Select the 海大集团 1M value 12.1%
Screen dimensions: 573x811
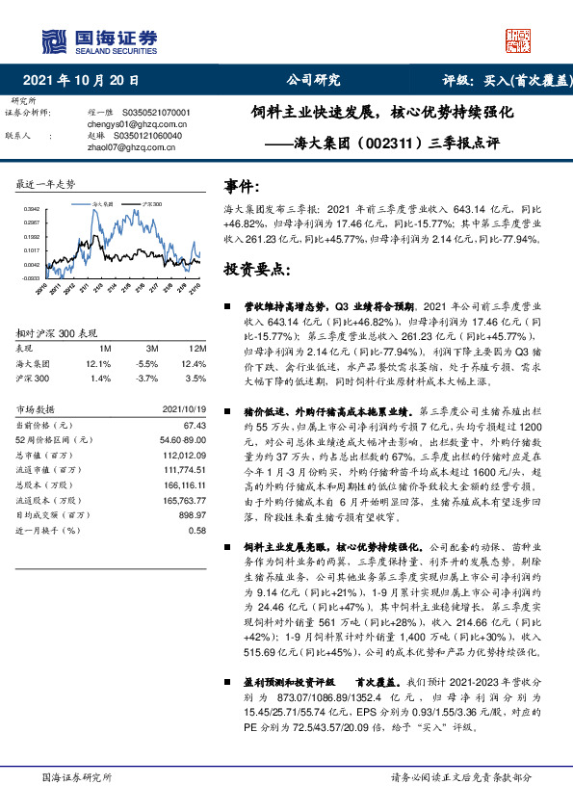(x=98, y=363)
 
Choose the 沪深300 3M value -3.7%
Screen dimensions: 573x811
(x=147, y=379)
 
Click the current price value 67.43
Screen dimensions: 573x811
(x=195, y=425)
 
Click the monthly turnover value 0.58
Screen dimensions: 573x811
(x=197, y=530)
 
